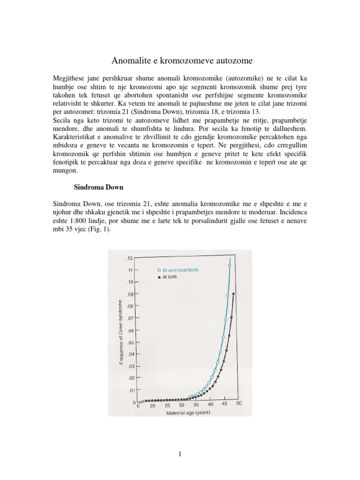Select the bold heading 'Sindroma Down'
99,187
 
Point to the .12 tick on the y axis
130,258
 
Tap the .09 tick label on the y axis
130,294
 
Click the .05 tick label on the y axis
130,343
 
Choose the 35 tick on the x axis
196,405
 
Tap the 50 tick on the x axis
239,404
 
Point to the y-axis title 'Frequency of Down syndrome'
121,331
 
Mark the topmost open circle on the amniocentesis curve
230,265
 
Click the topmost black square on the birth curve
234,294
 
